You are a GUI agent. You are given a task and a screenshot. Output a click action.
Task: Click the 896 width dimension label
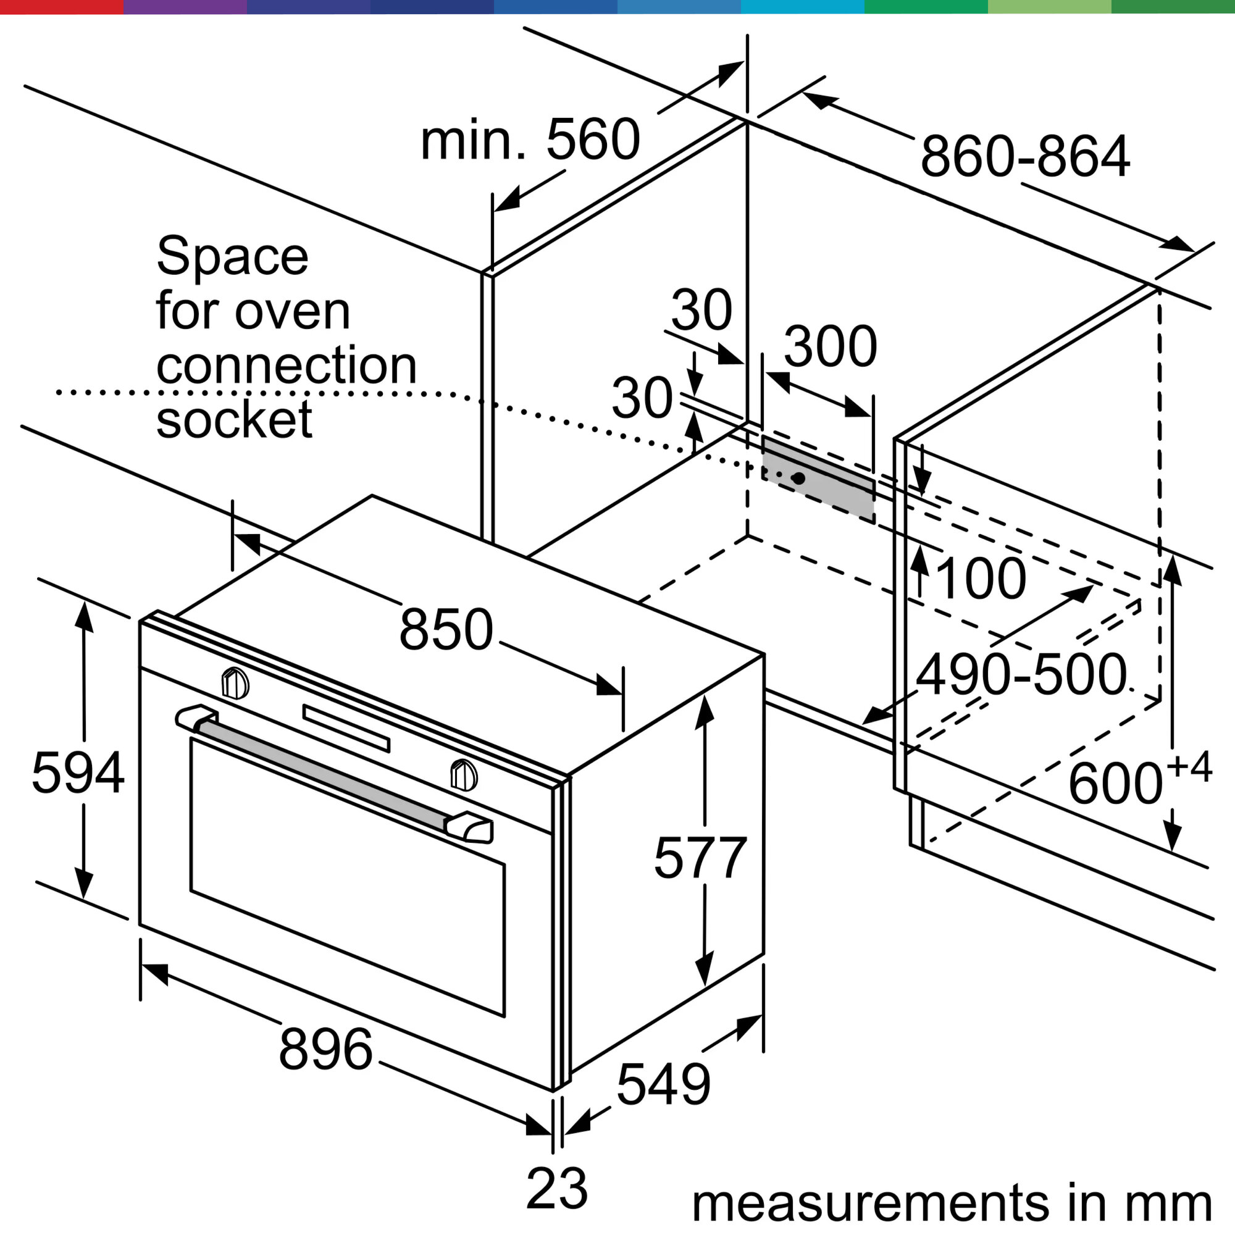(x=326, y=1049)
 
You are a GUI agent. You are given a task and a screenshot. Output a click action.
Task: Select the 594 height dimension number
(x=78, y=774)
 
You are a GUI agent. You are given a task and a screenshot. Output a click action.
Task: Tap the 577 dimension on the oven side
(x=700, y=858)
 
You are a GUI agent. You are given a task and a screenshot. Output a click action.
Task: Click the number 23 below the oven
(x=557, y=1187)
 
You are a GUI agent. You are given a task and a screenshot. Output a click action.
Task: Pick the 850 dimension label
(x=446, y=629)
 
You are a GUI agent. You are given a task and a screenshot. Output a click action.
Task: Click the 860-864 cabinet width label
(x=1025, y=157)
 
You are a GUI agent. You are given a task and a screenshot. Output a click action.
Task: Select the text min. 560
(x=530, y=140)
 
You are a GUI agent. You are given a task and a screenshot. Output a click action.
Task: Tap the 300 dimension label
(x=831, y=346)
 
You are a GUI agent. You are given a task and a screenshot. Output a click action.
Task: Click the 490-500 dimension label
(x=1021, y=674)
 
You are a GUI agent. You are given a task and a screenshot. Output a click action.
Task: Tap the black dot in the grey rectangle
(x=798, y=478)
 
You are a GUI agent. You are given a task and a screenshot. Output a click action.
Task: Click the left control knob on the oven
(x=235, y=684)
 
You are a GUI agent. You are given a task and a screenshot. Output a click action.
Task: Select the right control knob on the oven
(x=464, y=775)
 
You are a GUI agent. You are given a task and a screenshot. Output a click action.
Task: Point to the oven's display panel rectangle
(x=346, y=728)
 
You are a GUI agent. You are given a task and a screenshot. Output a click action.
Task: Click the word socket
(x=234, y=419)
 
